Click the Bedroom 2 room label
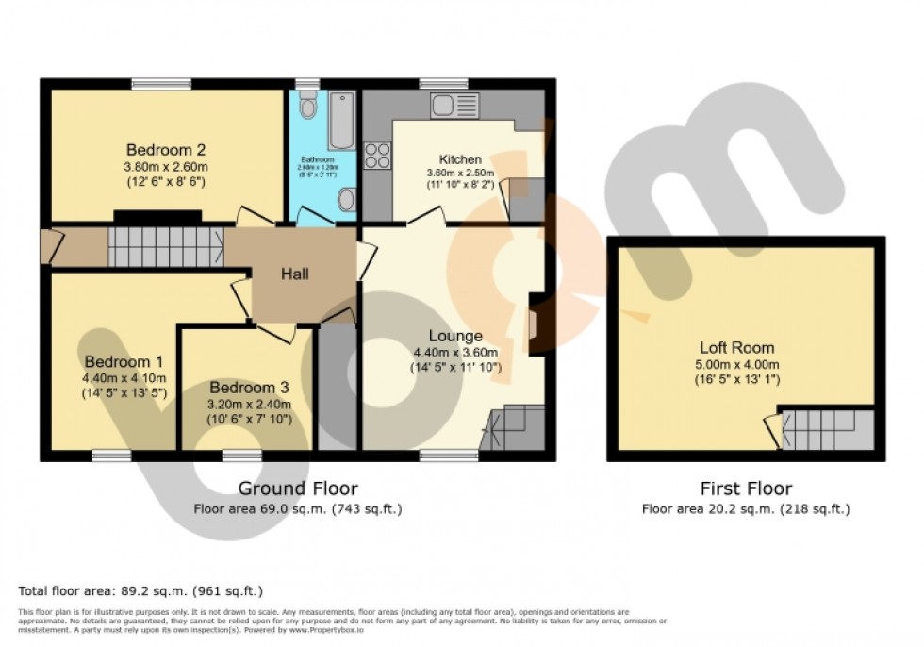pyautogui.click(x=166, y=149)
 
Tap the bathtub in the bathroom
pyautogui.click(x=341, y=121)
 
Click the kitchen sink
pyautogui.click(x=455, y=105)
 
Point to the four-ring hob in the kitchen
pyautogui.click(x=377, y=155)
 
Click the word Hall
pyautogui.click(x=294, y=274)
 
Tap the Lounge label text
pyautogui.click(x=455, y=336)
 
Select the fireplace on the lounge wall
pyautogui.click(x=534, y=325)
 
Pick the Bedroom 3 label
pyautogui.click(x=249, y=388)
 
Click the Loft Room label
pyautogui.click(x=736, y=347)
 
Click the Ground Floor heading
pyautogui.click(x=297, y=488)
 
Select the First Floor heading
pyautogui.click(x=745, y=488)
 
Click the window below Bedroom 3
pyautogui.click(x=241, y=456)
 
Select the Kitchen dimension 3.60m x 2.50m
pyautogui.click(x=460, y=174)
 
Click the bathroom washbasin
pyautogui.click(x=346, y=199)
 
